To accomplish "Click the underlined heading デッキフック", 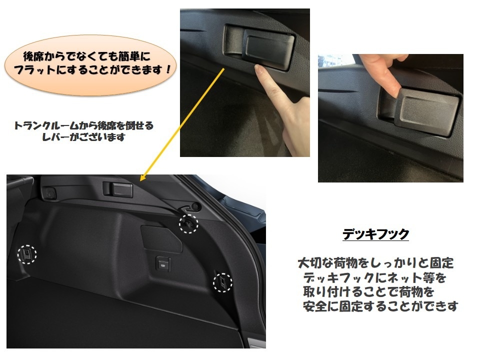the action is (x=375, y=234).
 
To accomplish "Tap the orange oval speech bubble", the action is (x=90, y=64).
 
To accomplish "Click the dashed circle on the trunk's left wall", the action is (x=27, y=254).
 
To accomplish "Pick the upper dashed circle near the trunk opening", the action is (x=188, y=224).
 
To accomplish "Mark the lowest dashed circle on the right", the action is (x=222, y=282).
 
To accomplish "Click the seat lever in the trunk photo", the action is (x=118, y=189).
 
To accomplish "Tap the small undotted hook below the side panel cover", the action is (x=163, y=263).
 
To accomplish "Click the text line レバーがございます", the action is (x=83, y=137).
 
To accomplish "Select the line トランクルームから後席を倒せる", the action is (x=83, y=125).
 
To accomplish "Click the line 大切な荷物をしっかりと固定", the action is (x=375, y=263).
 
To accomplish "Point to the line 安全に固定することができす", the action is (x=380, y=306).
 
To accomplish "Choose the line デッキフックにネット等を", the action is (x=374, y=277).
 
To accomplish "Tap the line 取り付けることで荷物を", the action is (x=368, y=291).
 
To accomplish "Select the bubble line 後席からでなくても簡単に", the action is (x=87, y=56).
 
